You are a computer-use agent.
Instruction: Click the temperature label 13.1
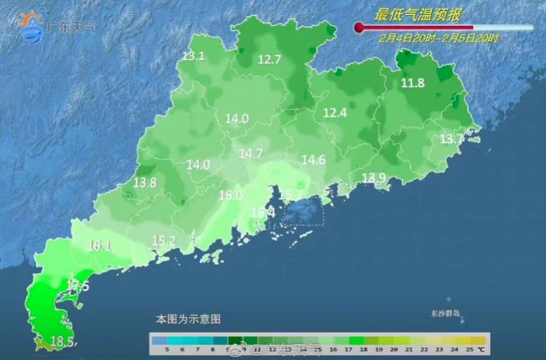pyautogui.click(x=193, y=56)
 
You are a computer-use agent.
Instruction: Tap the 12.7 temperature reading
pyautogui.click(x=270, y=59)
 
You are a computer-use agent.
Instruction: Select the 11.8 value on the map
pyautogui.click(x=412, y=83)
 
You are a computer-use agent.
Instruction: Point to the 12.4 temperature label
pyautogui.click(x=335, y=112)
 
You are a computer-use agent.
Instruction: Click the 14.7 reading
pyautogui.click(x=250, y=153)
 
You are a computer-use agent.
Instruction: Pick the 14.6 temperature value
pyautogui.click(x=313, y=160)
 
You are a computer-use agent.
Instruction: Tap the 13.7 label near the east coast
pyautogui.click(x=451, y=139)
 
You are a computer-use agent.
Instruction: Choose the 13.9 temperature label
pyautogui.click(x=374, y=178)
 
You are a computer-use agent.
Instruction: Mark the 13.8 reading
pyautogui.click(x=145, y=182)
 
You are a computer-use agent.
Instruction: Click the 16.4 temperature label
pyautogui.click(x=263, y=212)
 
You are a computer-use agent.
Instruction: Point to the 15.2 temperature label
pyautogui.click(x=164, y=240)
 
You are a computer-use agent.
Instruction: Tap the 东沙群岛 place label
pyautogui.click(x=446, y=314)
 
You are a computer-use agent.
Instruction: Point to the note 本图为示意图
pyautogui.click(x=188, y=318)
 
